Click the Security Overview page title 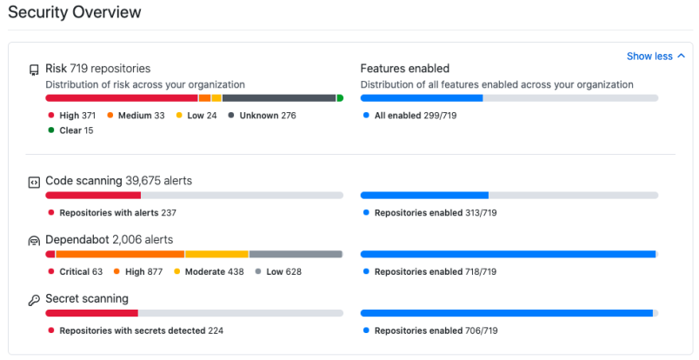click(75, 13)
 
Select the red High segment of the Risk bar click(121, 98)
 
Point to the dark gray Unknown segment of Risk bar click(278, 98)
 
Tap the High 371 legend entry click(74, 115)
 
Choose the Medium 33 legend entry click(136, 115)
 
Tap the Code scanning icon click(34, 182)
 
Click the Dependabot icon click(34, 240)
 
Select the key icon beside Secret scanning click(34, 300)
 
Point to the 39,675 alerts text click(158, 181)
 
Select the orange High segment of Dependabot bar click(120, 254)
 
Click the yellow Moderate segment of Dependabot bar click(216, 254)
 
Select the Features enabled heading click(404, 68)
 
